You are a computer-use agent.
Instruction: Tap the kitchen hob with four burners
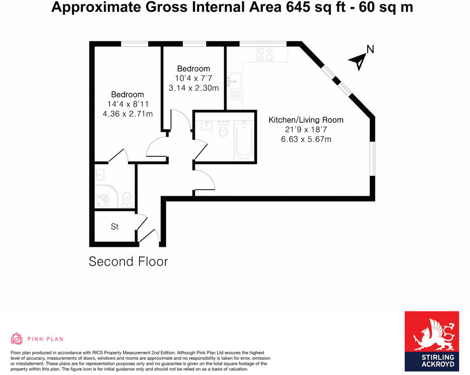(x=265, y=54)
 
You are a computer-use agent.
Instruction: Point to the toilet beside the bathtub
(x=224, y=130)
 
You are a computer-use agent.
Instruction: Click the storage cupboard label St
(x=115, y=227)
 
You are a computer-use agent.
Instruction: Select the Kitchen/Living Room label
(x=306, y=120)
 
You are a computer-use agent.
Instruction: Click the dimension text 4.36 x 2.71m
(x=128, y=114)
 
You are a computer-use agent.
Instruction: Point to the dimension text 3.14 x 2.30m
(x=194, y=88)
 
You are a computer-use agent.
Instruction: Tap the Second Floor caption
(x=128, y=261)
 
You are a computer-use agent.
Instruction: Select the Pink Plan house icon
(x=17, y=339)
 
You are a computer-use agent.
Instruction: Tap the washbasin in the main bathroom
(x=206, y=125)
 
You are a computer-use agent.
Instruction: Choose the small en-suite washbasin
(x=100, y=175)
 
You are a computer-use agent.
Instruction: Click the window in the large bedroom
(x=134, y=44)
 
